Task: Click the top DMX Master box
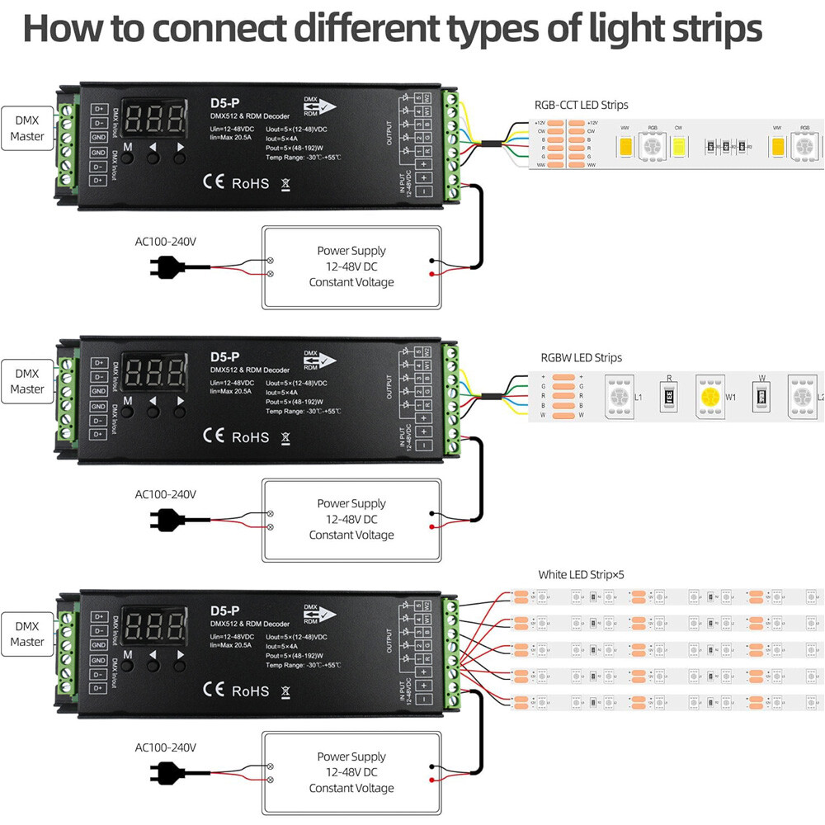[27, 128]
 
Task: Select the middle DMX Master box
[27, 380]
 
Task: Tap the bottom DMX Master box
[27, 634]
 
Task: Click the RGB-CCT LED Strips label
[582, 105]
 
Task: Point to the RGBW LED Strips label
[581, 358]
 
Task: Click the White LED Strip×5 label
[587, 574]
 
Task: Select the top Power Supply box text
[351, 266]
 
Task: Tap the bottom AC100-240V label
[165, 747]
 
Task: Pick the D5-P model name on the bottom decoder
[224, 610]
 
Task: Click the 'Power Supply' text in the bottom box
[351, 756]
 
